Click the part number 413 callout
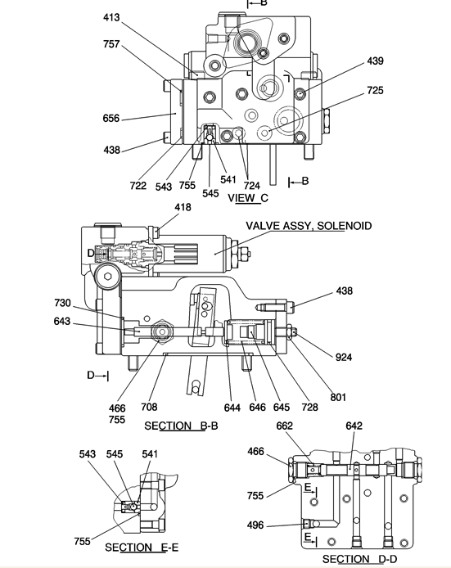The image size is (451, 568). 111,17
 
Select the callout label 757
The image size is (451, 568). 111,44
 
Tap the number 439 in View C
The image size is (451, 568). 375,61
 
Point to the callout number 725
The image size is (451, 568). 375,90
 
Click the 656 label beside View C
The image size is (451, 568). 110,119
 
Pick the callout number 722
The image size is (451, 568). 138,186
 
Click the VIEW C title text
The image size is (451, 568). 248,198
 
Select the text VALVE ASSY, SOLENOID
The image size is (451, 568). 309,226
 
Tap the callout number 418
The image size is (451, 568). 183,207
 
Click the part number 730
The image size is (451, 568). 62,303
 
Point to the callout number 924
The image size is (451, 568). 344,357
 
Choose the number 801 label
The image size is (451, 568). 338,398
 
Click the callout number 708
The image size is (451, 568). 149,407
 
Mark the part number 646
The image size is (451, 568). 257,408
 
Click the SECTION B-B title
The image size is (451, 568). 181,426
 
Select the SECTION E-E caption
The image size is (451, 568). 142,547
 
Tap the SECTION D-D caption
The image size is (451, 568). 359,559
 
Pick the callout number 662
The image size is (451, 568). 284,426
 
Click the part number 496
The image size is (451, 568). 255,525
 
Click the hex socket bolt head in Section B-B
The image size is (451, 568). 107,277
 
